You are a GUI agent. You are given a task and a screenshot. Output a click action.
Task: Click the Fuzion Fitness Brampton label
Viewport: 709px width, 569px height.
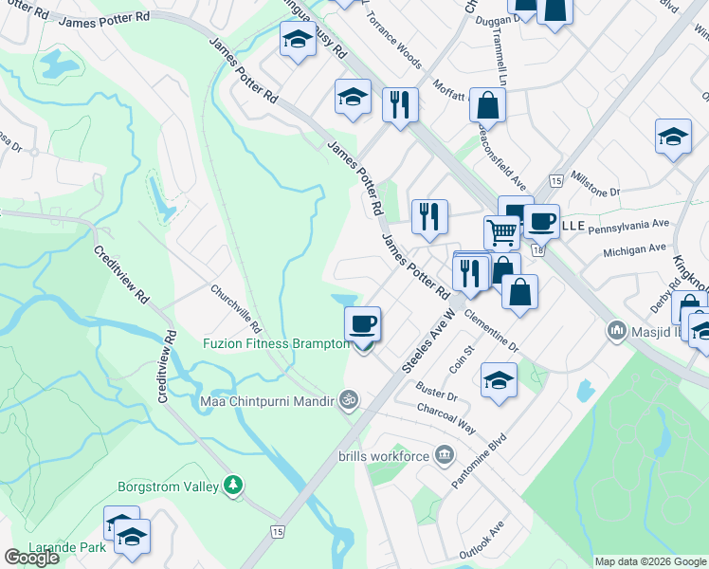coord(276,343)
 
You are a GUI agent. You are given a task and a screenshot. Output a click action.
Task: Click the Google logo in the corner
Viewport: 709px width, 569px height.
coord(31,558)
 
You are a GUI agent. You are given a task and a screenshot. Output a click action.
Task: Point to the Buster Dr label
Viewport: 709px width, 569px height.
coord(437,391)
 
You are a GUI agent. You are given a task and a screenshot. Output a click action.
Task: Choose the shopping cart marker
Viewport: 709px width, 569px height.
coord(501,230)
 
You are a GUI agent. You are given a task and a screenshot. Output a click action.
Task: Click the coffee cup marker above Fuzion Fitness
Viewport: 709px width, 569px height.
coord(362,324)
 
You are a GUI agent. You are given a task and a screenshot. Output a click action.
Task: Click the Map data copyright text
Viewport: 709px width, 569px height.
coord(649,561)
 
